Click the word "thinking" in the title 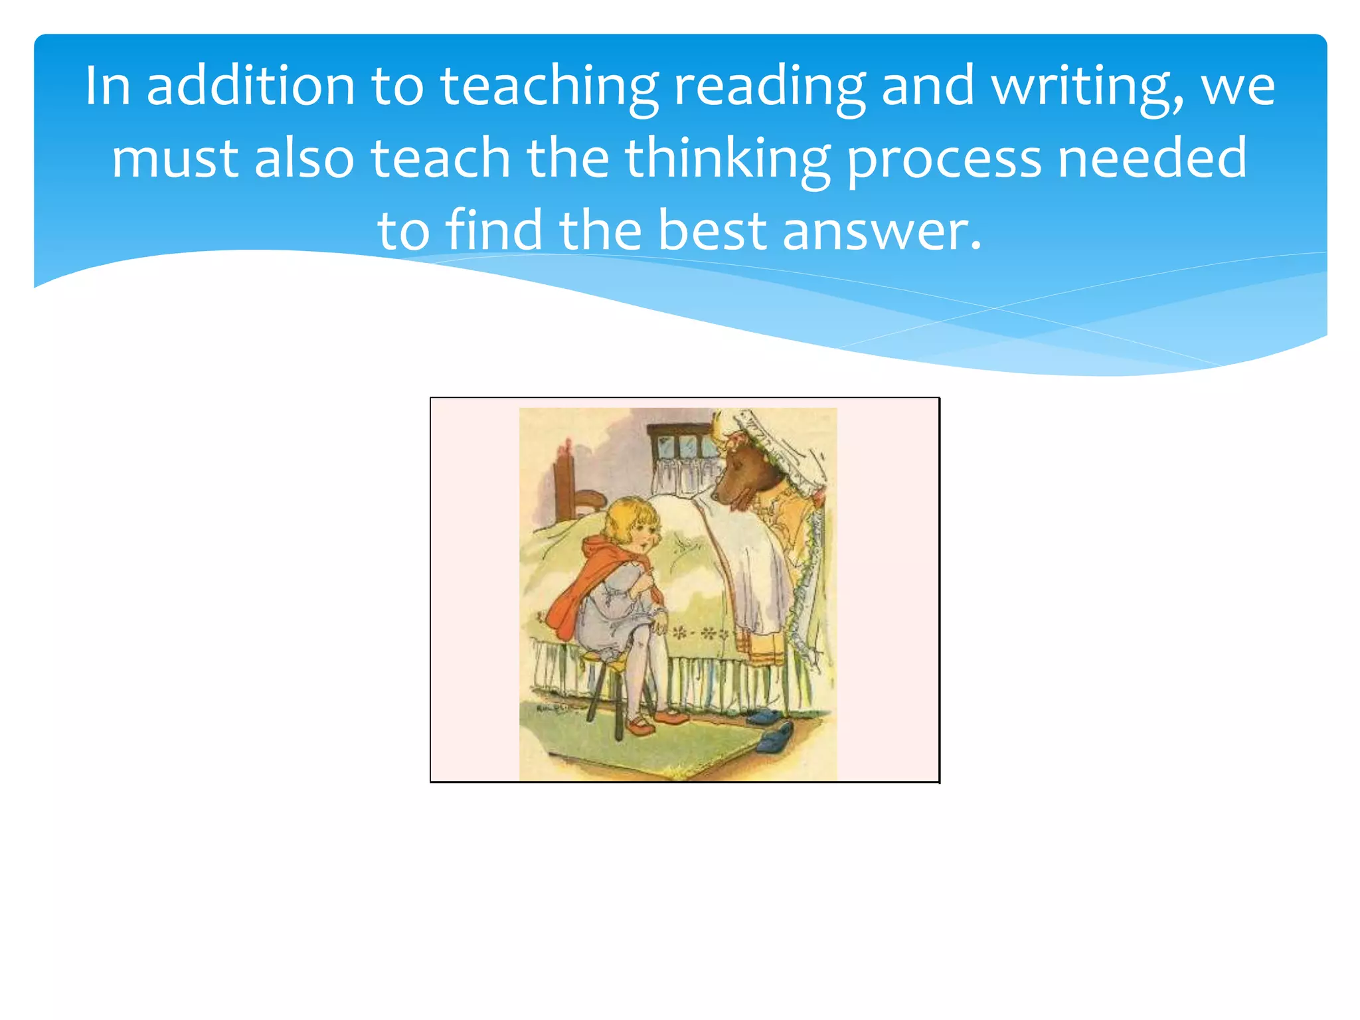727,159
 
